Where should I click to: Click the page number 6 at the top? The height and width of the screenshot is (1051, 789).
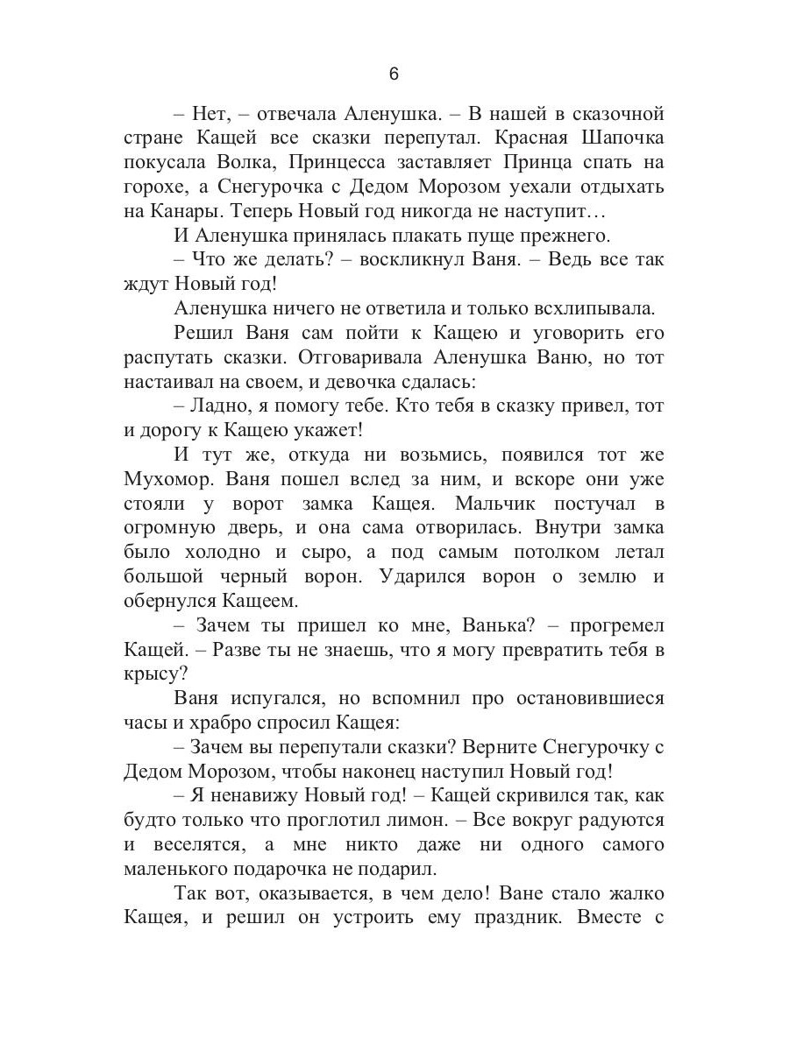point(394,74)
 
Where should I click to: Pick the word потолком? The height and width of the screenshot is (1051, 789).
point(557,554)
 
